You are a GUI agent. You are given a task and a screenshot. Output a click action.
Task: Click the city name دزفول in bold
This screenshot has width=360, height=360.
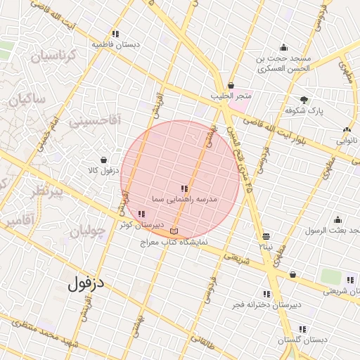[x=86, y=284]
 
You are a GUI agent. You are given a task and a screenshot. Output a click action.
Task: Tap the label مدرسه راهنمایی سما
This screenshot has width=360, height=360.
[x=185, y=200]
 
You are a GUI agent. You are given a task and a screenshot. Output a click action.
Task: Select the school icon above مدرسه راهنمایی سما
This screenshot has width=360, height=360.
[x=184, y=188]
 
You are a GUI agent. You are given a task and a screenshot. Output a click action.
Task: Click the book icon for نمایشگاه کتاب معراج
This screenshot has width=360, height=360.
[x=174, y=231]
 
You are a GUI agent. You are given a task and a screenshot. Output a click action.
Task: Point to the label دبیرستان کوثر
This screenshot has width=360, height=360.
[x=136, y=224]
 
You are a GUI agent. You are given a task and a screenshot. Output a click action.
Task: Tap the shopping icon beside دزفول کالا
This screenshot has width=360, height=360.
[x=104, y=160]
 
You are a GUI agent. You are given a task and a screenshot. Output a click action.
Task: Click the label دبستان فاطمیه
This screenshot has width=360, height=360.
[x=115, y=44]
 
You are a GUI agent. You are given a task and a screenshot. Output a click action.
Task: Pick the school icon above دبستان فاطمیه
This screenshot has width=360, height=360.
[x=115, y=33]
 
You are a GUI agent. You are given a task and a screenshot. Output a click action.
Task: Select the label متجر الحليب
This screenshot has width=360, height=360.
[x=231, y=96]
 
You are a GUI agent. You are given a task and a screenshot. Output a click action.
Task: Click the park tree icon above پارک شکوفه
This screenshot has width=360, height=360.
[x=304, y=100]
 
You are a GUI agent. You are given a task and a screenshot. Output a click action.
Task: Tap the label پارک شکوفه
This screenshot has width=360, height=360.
[x=304, y=111]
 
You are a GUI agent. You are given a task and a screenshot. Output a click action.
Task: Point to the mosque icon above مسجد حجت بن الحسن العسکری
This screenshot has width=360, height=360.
[x=283, y=48]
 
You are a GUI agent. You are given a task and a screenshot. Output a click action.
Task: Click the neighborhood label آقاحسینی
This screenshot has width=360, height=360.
[x=95, y=121]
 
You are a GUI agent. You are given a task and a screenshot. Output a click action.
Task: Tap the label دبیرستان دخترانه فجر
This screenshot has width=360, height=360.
[x=266, y=305]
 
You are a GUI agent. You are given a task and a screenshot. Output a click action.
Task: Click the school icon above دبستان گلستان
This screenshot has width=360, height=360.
[x=302, y=328]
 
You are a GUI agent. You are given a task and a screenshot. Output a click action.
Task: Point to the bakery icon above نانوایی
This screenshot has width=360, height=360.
[x=347, y=129]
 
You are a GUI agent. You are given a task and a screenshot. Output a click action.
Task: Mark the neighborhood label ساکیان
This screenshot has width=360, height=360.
[x=27, y=100]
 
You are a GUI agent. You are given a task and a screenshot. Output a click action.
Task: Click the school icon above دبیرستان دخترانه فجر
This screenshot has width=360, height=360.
[x=266, y=294]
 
